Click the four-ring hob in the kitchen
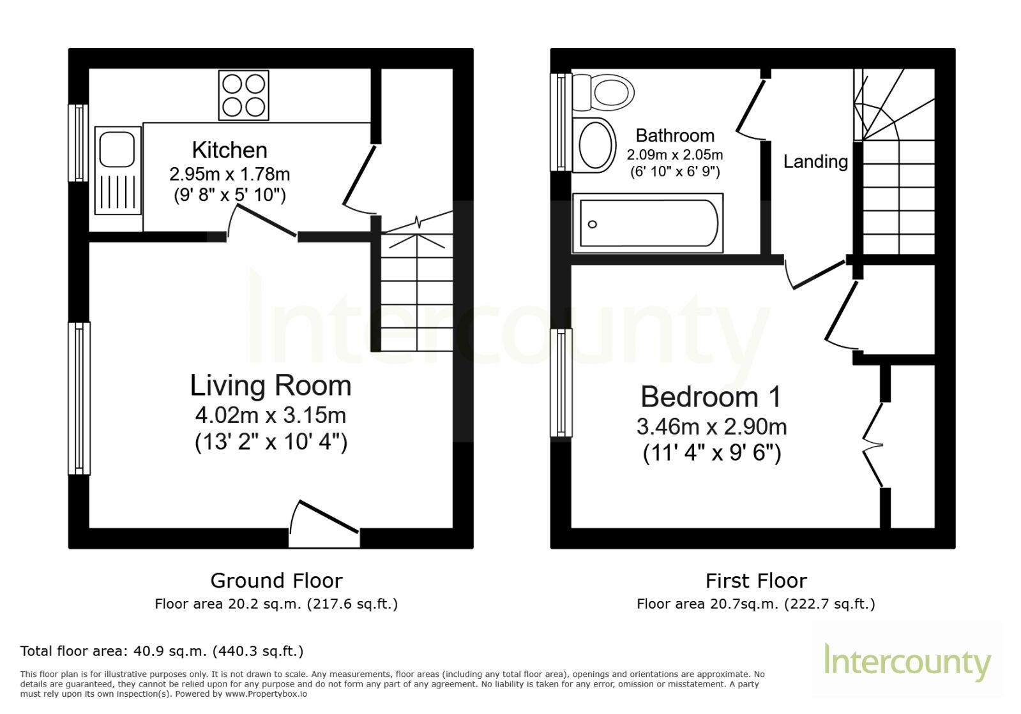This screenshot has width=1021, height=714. (x=243, y=95)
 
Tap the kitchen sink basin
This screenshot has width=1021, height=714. (x=117, y=149)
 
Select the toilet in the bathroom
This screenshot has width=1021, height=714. (x=603, y=93)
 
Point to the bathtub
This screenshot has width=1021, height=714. (x=647, y=223)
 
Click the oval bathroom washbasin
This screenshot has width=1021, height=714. (x=594, y=145)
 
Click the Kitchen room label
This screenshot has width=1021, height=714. (x=229, y=150)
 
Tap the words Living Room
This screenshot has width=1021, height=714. (x=271, y=385)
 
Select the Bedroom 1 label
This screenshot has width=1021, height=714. (x=711, y=397)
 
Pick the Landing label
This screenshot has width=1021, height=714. (x=815, y=161)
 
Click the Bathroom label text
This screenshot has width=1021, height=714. (x=675, y=135)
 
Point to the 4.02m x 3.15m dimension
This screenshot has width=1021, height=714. (x=271, y=415)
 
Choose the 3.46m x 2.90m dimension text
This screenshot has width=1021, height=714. (x=711, y=427)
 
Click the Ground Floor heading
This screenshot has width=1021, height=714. (x=276, y=581)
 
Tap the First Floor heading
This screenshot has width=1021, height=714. (x=756, y=581)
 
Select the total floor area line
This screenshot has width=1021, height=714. (x=162, y=651)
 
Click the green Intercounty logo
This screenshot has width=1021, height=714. (x=907, y=662)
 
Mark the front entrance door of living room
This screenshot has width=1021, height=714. (x=324, y=524)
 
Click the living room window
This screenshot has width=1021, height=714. (x=79, y=398)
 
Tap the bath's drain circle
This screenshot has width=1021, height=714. (x=592, y=224)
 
